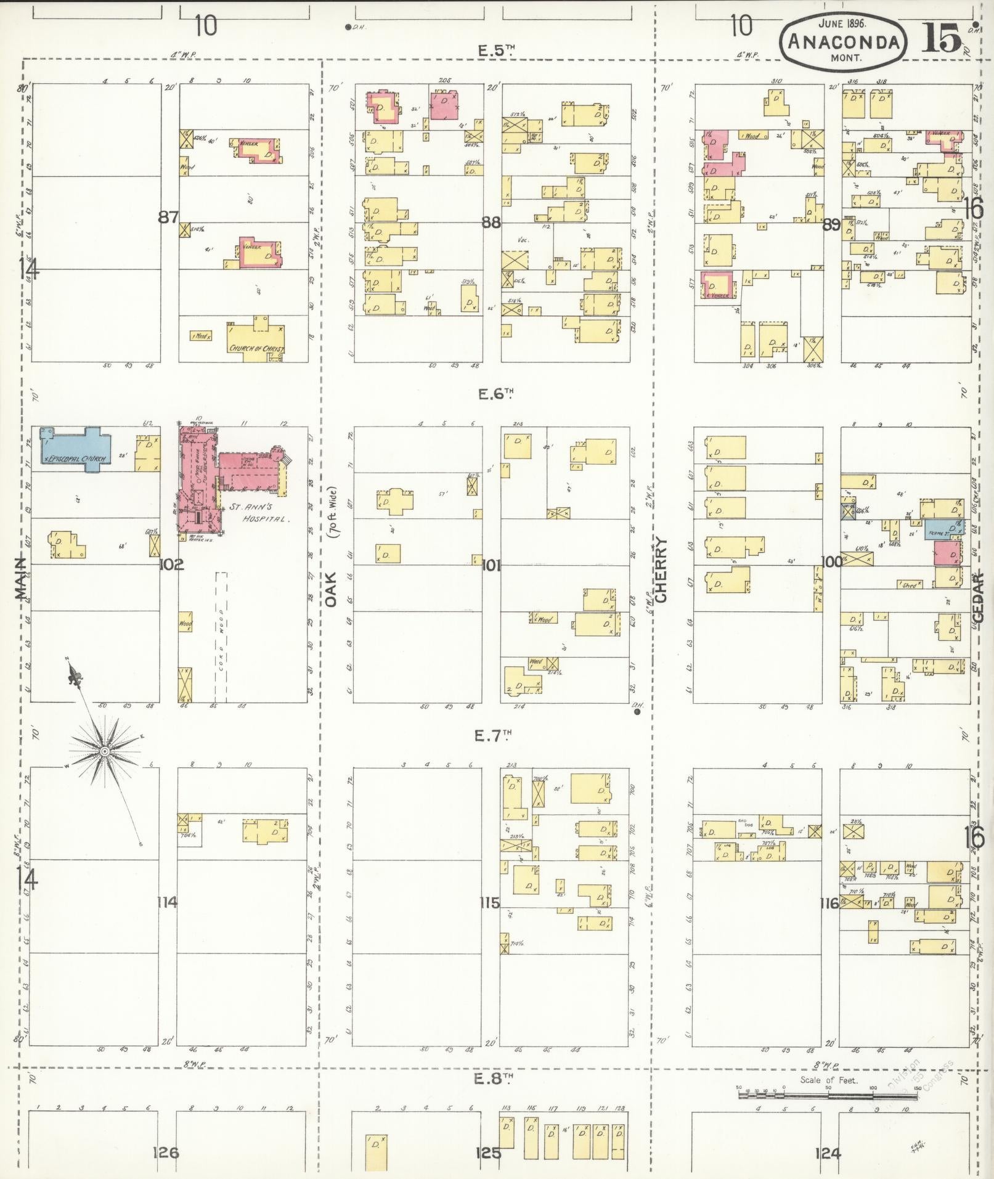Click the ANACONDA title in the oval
(x=842, y=41)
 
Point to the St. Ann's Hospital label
(x=259, y=513)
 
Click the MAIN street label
(x=21, y=579)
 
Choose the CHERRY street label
(x=661, y=570)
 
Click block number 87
(x=168, y=217)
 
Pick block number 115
(x=489, y=904)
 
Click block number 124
(x=827, y=1152)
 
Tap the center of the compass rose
(x=105, y=751)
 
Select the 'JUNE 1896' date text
(x=842, y=24)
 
